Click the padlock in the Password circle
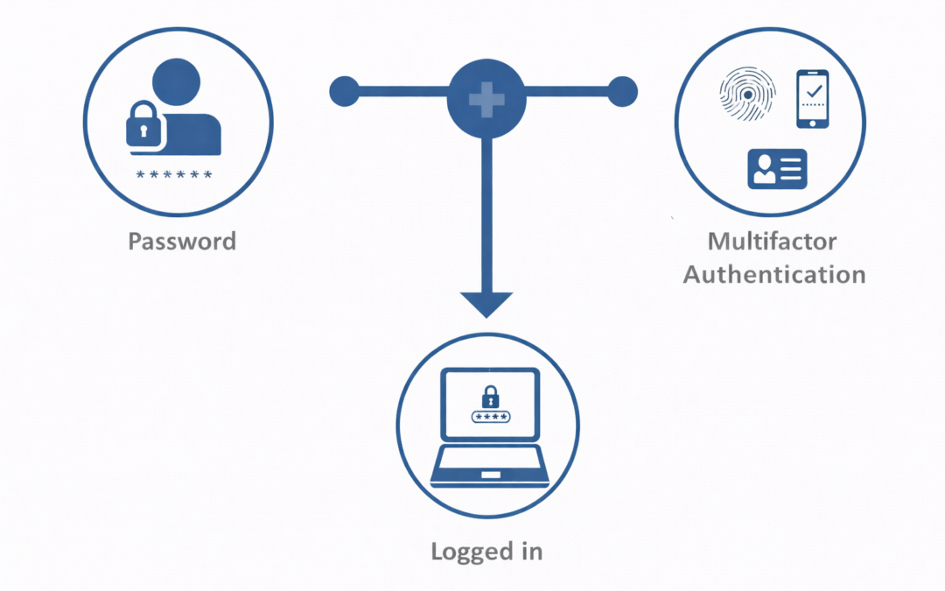coord(145,125)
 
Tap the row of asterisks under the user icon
coord(175,175)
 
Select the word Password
coord(182,241)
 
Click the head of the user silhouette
coord(181,82)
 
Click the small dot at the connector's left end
coord(344,90)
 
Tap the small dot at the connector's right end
coord(623,90)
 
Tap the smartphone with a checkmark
coord(813,99)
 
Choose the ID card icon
coord(777,168)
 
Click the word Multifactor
coord(772,241)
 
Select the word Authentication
coord(774,274)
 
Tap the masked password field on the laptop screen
coord(489,417)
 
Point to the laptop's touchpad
coord(489,475)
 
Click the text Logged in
coord(486,551)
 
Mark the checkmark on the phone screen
coord(814,90)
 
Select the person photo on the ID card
coord(764,166)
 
